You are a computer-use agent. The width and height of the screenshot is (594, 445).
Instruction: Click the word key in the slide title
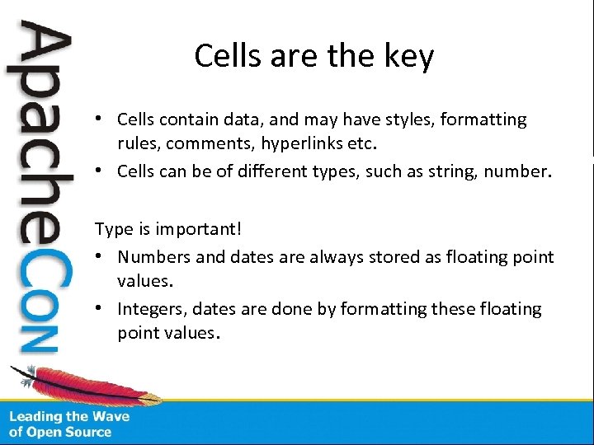pyautogui.click(x=409, y=57)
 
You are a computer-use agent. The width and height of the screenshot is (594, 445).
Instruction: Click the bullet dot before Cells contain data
pyautogui.click(x=99, y=119)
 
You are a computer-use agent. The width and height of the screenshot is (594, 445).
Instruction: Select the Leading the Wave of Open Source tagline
pyautogui.click(x=69, y=424)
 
